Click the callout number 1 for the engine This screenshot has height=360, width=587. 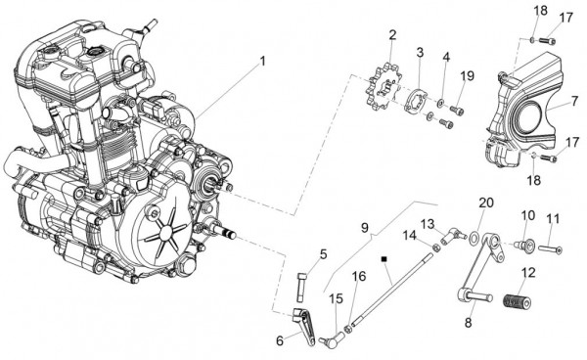262,61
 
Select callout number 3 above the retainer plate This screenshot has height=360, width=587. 420,53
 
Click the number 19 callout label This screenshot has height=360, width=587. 468,76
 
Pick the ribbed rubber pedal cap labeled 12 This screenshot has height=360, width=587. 518,302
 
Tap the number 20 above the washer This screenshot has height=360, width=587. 486,202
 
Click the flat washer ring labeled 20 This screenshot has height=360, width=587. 474,238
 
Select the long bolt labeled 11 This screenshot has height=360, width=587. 550,249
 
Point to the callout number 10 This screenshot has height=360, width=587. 528,215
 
